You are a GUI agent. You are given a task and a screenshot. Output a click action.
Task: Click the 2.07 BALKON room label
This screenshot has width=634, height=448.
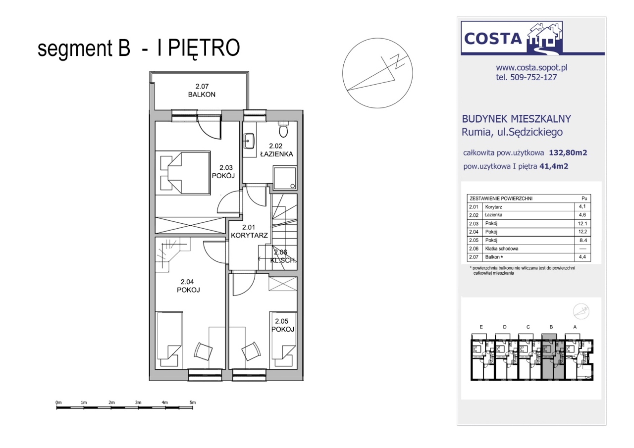pyautogui.click(x=202, y=91)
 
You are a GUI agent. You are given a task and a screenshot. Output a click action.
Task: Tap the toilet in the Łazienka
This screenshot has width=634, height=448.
pyautogui.click(x=283, y=130)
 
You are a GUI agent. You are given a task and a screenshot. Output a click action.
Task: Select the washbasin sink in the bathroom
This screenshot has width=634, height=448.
pyautogui.click(x=249, y=141)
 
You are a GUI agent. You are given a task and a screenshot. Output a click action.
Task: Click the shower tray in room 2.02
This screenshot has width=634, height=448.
pyautogui.click(x=285, y=178)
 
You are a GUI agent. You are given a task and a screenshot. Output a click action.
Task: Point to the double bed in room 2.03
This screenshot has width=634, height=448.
pyautogui.click(x=183, y=173)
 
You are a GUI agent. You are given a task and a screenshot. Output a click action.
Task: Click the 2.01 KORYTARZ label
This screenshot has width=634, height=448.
pyautogui.click(x=249, y=231)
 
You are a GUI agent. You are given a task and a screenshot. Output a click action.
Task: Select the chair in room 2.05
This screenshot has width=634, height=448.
pyautogui.click(x=251, y=351)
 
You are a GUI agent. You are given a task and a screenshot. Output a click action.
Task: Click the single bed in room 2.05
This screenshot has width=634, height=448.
pyautogui.click(x=283, y=340)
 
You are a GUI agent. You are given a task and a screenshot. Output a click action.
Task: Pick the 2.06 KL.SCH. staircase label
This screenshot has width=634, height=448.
pyautogui.click(x=282, y=256)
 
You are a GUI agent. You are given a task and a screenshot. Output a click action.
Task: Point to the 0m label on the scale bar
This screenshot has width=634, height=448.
pyautogui.click(x=58, y=402)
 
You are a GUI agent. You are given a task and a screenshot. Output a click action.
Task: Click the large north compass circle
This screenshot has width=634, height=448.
pyautogui.click(x=377, y=73)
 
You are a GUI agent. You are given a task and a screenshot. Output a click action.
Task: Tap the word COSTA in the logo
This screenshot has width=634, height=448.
pyautogui.click(x=493, y=39)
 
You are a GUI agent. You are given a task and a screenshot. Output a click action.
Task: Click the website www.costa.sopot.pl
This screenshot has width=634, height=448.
pyautogui.click(x=531, y=68)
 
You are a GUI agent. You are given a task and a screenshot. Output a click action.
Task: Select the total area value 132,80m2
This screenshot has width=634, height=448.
pyautogui.click(x=568, y=153)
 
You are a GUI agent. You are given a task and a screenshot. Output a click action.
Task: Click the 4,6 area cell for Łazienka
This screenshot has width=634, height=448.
pyautogui.click(x=582, y=215)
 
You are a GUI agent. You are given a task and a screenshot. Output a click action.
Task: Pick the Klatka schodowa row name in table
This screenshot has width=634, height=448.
pyautogui.click(x=502, y=249)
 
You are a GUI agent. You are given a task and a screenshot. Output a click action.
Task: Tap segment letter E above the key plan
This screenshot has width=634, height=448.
pyautogui.click(x=481, y=327)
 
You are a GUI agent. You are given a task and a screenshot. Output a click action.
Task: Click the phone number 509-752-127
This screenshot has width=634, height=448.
pyautogui.click(x=533, y=77)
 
